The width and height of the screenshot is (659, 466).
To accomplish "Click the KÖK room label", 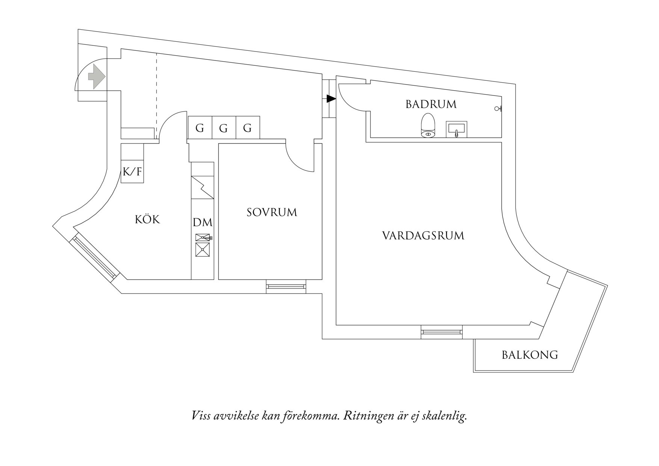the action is [147, 219].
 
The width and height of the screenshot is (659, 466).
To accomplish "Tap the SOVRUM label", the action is [272, 212].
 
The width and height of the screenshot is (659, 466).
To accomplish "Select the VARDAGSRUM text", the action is [423, 236].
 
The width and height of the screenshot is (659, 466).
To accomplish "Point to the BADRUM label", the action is [431, 104].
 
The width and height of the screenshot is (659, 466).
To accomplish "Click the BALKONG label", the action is [530, 355].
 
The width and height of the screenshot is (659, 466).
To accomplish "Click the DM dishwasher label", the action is [203, 222].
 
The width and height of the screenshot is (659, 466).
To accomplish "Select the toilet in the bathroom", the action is [428, 125].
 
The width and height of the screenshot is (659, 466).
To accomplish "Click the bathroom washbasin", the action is [456, 129].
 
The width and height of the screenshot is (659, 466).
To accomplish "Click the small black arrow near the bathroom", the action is [331, 99].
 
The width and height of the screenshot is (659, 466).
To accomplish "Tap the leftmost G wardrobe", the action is [200, 128].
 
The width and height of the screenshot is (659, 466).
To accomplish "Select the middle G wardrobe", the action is [224, 128].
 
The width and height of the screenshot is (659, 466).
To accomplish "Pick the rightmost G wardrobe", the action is [248, 128].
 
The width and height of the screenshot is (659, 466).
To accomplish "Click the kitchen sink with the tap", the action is [203, 238].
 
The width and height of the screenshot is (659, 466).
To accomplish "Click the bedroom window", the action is [286, 286].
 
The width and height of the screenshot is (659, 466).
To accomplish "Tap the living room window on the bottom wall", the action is [441, 332].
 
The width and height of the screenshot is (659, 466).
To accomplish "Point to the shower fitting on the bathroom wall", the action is [499, 109].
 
